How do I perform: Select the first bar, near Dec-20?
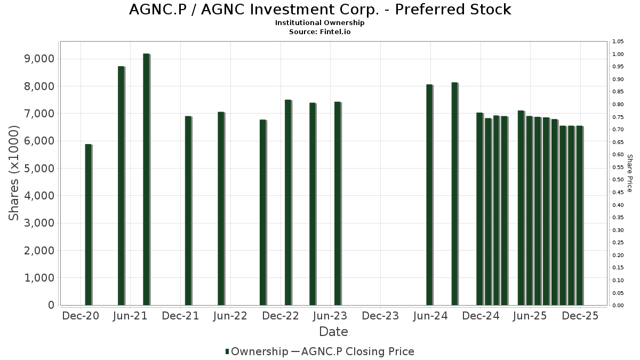pyautogui.click(x=89, y=225)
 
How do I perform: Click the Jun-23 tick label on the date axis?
pyautogui.click(x=330, y=316)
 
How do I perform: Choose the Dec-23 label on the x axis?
pyautogui.click(x=380, y=316)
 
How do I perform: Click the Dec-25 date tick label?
pyautogui.click(x=580, y=316)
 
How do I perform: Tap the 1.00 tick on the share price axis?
pyautogui.click(x=618, y=54)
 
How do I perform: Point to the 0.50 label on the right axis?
pyautogui.click(x=618, y=180)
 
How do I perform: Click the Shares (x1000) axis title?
pyautogui.click(x=14, y=173)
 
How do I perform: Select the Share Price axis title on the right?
pyautogui.click(x=629, y=173)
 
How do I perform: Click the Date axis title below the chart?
pyautogui.click(x=333, y=332)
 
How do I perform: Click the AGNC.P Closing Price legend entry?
pyautogui.click(x=357, y=351)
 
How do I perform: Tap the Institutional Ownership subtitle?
pyautogui.click(x=320, y=23)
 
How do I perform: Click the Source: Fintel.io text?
pyautogui.click(x=320, y=31)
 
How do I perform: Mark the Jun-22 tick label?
pyautogui.click(x=230, y=316)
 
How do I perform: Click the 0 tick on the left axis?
pyautogui.click(x=51, y=305)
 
